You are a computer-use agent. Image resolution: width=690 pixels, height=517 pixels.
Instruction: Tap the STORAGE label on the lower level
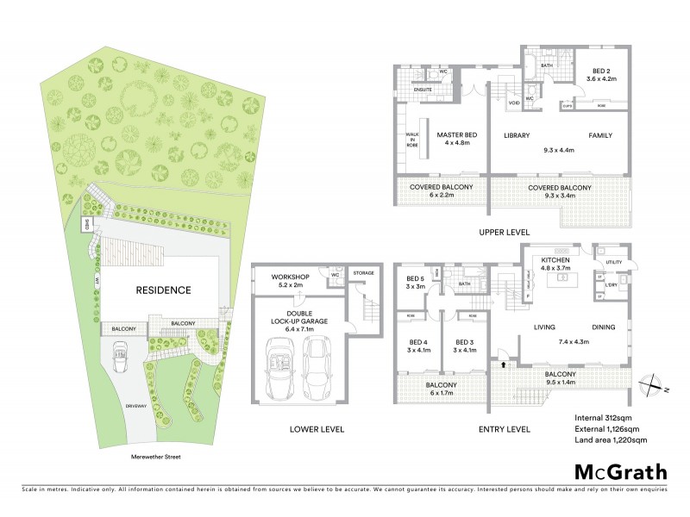[363, 273]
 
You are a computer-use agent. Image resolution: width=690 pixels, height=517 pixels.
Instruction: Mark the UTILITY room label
[613, 261]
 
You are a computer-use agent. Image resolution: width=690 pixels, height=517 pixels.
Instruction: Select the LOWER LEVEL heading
[317, 428]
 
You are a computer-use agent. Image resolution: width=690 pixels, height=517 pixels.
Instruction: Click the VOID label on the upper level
[513, 103]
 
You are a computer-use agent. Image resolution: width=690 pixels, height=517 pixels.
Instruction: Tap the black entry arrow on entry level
[504, 366]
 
